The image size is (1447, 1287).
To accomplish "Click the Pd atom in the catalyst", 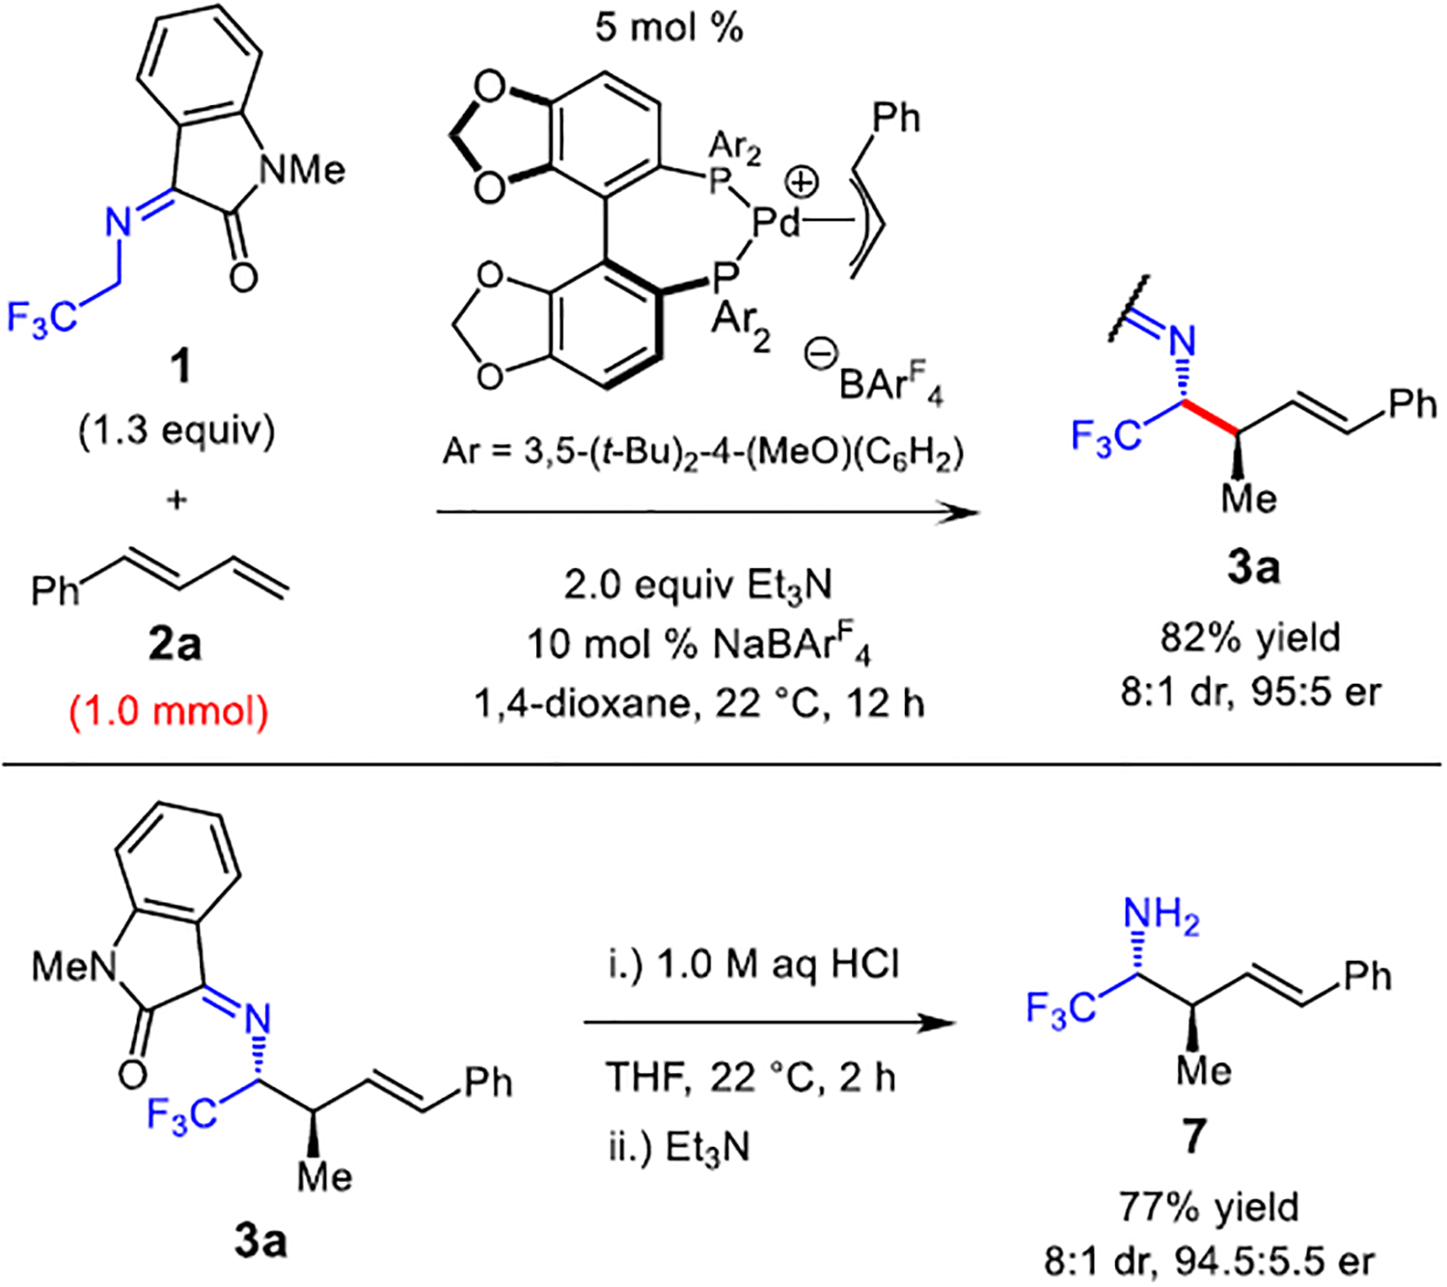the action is tap(777, 224).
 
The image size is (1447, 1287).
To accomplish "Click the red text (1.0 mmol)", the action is tap(169, 711).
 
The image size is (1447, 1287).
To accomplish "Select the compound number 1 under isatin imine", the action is tap(178, 369).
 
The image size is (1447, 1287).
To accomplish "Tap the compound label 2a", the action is tap(175, 644).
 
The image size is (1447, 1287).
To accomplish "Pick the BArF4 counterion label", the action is tap(888, 384).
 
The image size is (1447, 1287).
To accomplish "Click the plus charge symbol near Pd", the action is tap(802, 181).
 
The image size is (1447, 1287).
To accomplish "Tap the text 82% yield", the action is tap(1250, 637).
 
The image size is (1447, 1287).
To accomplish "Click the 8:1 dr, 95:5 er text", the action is tap(1250, 692).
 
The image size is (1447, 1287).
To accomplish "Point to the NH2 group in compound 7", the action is tap(1161, 916).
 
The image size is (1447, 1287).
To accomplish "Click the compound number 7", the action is tap(1193, 1136).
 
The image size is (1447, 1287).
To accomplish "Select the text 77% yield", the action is tap(1209, 1206).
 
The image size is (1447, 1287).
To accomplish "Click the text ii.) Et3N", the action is tap(679, 1148).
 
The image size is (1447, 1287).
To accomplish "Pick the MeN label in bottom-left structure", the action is tap(73, 965).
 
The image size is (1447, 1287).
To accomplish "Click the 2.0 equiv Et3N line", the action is tap(697, 585).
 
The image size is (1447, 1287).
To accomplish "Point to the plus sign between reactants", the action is tap(176, 501).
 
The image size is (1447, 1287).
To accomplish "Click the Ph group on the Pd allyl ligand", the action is tap(895, 118).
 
